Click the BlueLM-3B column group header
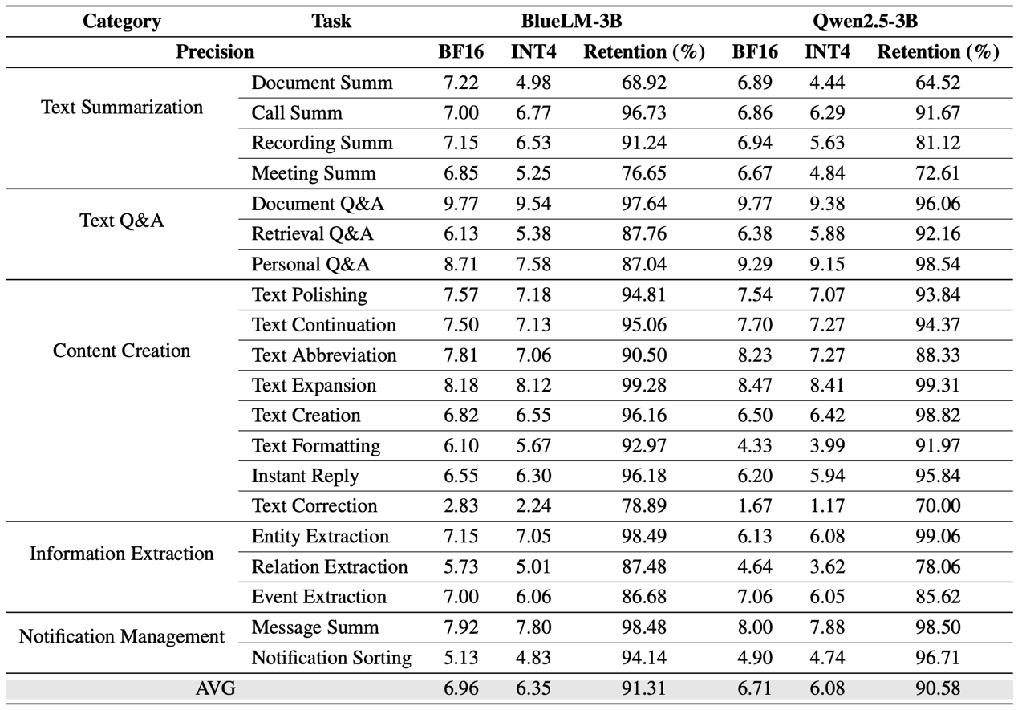571,22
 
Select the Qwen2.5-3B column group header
866,22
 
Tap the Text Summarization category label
122,108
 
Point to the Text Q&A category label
122,221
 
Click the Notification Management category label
122,636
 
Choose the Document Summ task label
322,83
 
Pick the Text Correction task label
314,506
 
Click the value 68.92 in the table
644,83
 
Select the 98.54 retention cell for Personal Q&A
938,264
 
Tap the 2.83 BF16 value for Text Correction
460,506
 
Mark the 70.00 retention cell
938,506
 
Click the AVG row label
216,688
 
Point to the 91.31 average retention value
644,688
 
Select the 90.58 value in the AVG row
938,688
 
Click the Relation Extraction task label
330,567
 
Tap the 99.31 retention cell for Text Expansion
938,385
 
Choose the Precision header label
215,52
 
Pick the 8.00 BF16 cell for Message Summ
755,627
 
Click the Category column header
122,22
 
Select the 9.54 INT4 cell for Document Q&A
533,204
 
